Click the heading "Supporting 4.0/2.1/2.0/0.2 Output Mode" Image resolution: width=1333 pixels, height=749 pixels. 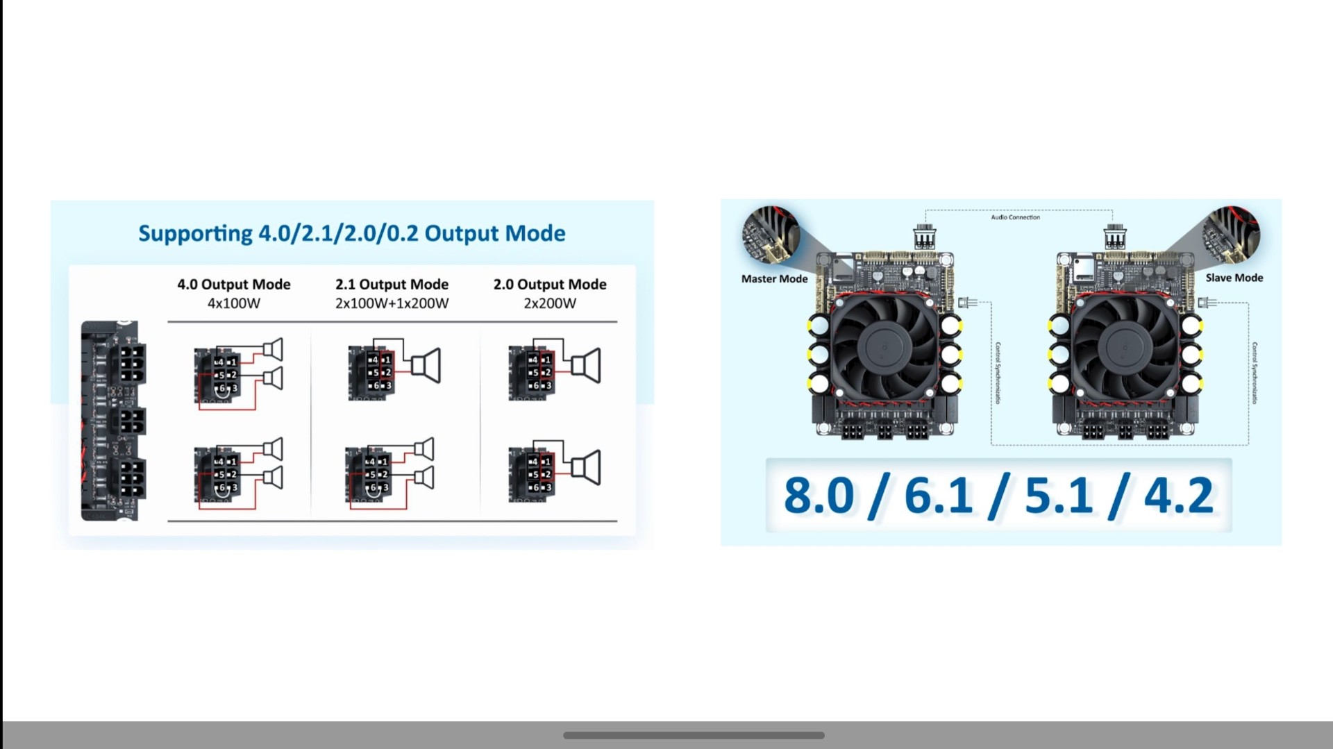click(x=352, y=233)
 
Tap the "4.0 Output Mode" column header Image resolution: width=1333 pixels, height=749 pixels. click(x=233, y=284)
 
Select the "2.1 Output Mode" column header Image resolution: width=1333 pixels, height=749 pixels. click(x=392, y=284)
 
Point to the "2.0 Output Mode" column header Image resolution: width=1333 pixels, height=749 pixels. click(x=550, y=284)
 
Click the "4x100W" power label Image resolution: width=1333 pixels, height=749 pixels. click(x=233, y=303)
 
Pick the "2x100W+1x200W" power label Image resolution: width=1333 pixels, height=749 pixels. click(x=392, y=303)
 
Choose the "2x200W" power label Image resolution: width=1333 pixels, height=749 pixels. click(x=550, y=303)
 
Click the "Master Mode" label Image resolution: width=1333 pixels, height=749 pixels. click(x=774, y=279)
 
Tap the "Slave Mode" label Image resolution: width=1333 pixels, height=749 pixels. click(x=1234, y=278)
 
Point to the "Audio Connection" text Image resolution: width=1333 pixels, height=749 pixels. click(x=1015, y=217)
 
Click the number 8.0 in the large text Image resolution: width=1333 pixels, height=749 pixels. click(x=819, y=496)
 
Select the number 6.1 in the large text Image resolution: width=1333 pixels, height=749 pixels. click(x=938, y=496)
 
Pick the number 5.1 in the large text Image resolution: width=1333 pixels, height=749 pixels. click(x=1059, y=496)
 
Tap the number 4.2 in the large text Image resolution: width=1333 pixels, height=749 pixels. click(x=1179, y=496)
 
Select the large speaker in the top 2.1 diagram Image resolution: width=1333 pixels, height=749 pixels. click(x=426, y=366)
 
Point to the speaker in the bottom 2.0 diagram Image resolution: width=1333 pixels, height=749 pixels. click(x=586, y=467)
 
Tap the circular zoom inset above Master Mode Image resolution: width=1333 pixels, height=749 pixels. click(x=771, y=235)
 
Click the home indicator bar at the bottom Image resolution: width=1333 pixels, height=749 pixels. click(x=694, y=735)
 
